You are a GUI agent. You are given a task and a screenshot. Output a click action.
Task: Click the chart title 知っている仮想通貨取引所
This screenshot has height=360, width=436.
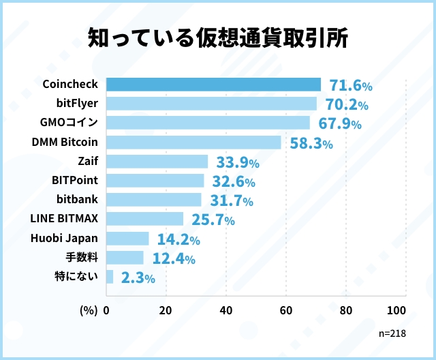click(218, 39)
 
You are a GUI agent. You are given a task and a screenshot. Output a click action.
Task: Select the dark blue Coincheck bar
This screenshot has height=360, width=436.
click(213, 85)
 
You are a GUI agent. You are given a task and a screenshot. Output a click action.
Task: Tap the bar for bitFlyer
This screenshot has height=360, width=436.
click(211, 104)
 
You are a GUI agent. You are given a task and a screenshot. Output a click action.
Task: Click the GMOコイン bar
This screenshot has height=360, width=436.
click(208, 123)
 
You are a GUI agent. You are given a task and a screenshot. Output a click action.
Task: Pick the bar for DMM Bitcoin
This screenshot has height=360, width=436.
click(193, 142)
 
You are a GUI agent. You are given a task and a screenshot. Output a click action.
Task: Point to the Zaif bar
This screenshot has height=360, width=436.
click(157, 162)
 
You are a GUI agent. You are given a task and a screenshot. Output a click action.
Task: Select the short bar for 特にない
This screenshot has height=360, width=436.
click(110, 276)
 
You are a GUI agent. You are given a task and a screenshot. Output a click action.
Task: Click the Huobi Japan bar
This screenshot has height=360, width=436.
click(127, 238)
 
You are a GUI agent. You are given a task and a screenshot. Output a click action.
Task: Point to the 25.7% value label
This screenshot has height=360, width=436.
click(213, 220)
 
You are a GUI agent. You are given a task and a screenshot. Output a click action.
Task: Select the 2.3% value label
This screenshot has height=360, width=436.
click(138, 277)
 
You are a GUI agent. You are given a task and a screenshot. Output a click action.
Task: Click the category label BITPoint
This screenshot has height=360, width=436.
click(75, 181)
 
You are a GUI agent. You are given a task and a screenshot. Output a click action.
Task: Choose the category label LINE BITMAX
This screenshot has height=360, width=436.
click(65, 219)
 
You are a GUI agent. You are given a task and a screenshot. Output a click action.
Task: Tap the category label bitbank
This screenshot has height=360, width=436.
click(77, 200)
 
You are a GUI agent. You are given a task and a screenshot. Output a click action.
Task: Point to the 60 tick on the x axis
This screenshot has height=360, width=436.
click(285, 310)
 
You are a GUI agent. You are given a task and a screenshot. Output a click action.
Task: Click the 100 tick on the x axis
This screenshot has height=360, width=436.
click(396, 310)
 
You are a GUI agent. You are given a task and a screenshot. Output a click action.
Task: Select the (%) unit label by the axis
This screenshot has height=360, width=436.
click(89, 310)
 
